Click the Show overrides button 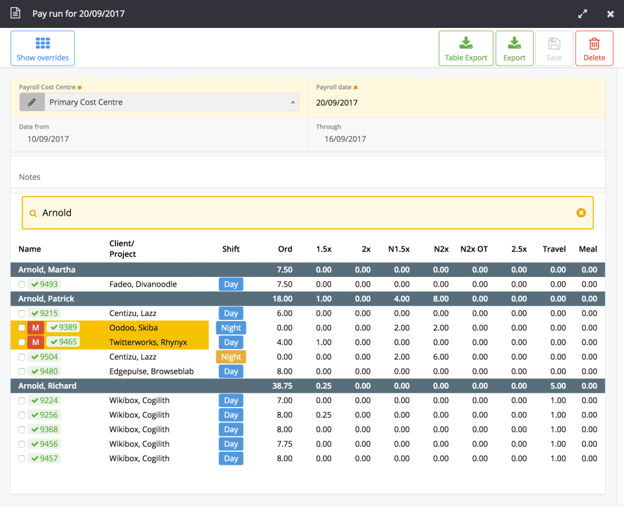[42, 48]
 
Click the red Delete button [593, 48]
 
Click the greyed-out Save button [554, 48]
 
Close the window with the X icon [610, 14]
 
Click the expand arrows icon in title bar [582, 14]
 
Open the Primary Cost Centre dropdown [172, 102]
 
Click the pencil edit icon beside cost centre [31, 102]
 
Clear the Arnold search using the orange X [581, 213]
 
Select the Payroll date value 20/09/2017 [337, 103]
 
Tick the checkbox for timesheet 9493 [22, 285]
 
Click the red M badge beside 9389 [36, 328]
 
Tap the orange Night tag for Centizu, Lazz [231, 357]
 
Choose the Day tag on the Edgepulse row [231, 371]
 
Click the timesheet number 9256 [49, 415]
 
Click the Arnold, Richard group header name [47, 385]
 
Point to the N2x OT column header [473, 249]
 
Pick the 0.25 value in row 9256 [323, 415]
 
